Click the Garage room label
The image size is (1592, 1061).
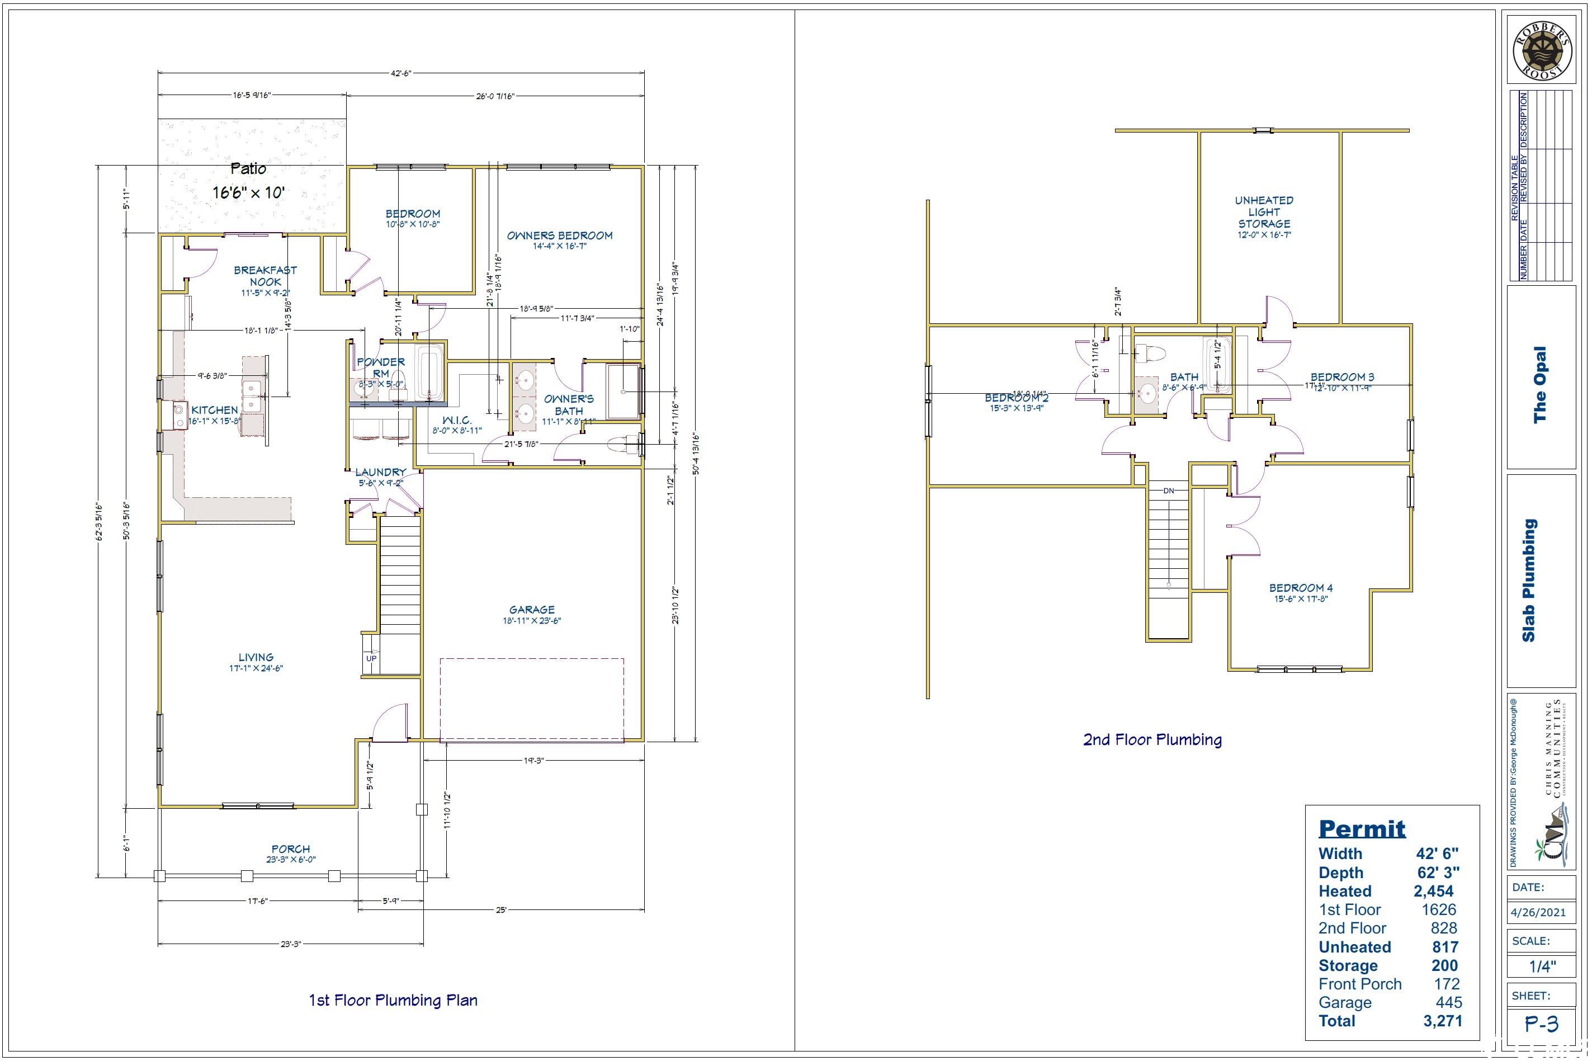pyautogui.click(x=532, y=610)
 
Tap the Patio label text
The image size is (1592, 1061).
pyautogui.click(x=248, y=168)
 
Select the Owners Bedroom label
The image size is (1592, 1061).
pyautogui.click(x=560, y=235)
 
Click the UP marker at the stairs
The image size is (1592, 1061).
pyautogui.click(x=371, y=658)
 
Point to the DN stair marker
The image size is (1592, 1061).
pyautogui.click(x=1169, y=491)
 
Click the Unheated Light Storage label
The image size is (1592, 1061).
pyautogui.click(x=1264, y=212)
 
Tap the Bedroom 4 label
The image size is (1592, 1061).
pyautogui.click(x=1301, y=588)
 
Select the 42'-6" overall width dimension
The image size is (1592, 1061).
pyautogui.click(x=400, y=73)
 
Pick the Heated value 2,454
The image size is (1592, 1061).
pyautogui.click(x=1433, y=891)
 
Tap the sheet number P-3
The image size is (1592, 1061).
pyautogui.click(x=1541, y=1025)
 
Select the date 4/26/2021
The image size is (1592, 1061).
pyautogui.click(x=1538, y=912)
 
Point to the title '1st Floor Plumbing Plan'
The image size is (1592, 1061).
pyautogui.click(x=393, y=1000)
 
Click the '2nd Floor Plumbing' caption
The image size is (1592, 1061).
pyautogui.click(x=1152, y=739)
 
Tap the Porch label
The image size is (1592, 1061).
pyautogui.click(x=291, y=848)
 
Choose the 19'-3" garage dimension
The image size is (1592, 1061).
pyautogui.click(x=533, y=761)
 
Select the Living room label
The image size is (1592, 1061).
pyautogui.click(x=256, y=657)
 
